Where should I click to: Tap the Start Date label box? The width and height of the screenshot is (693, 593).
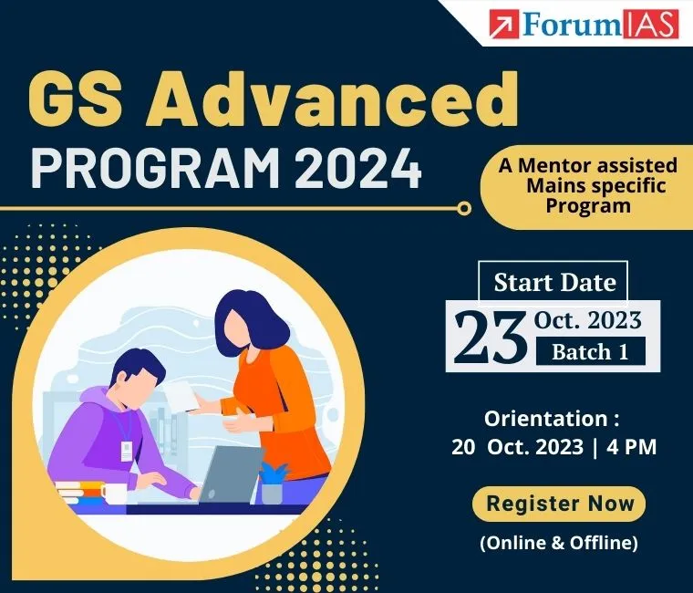554,282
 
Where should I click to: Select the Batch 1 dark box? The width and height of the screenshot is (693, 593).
590,351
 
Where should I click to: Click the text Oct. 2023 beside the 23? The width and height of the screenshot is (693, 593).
588,320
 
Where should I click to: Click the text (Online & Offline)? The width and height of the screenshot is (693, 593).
558,542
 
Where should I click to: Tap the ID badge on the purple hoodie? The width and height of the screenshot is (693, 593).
128,449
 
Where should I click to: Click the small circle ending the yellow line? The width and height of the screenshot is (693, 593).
464,209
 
